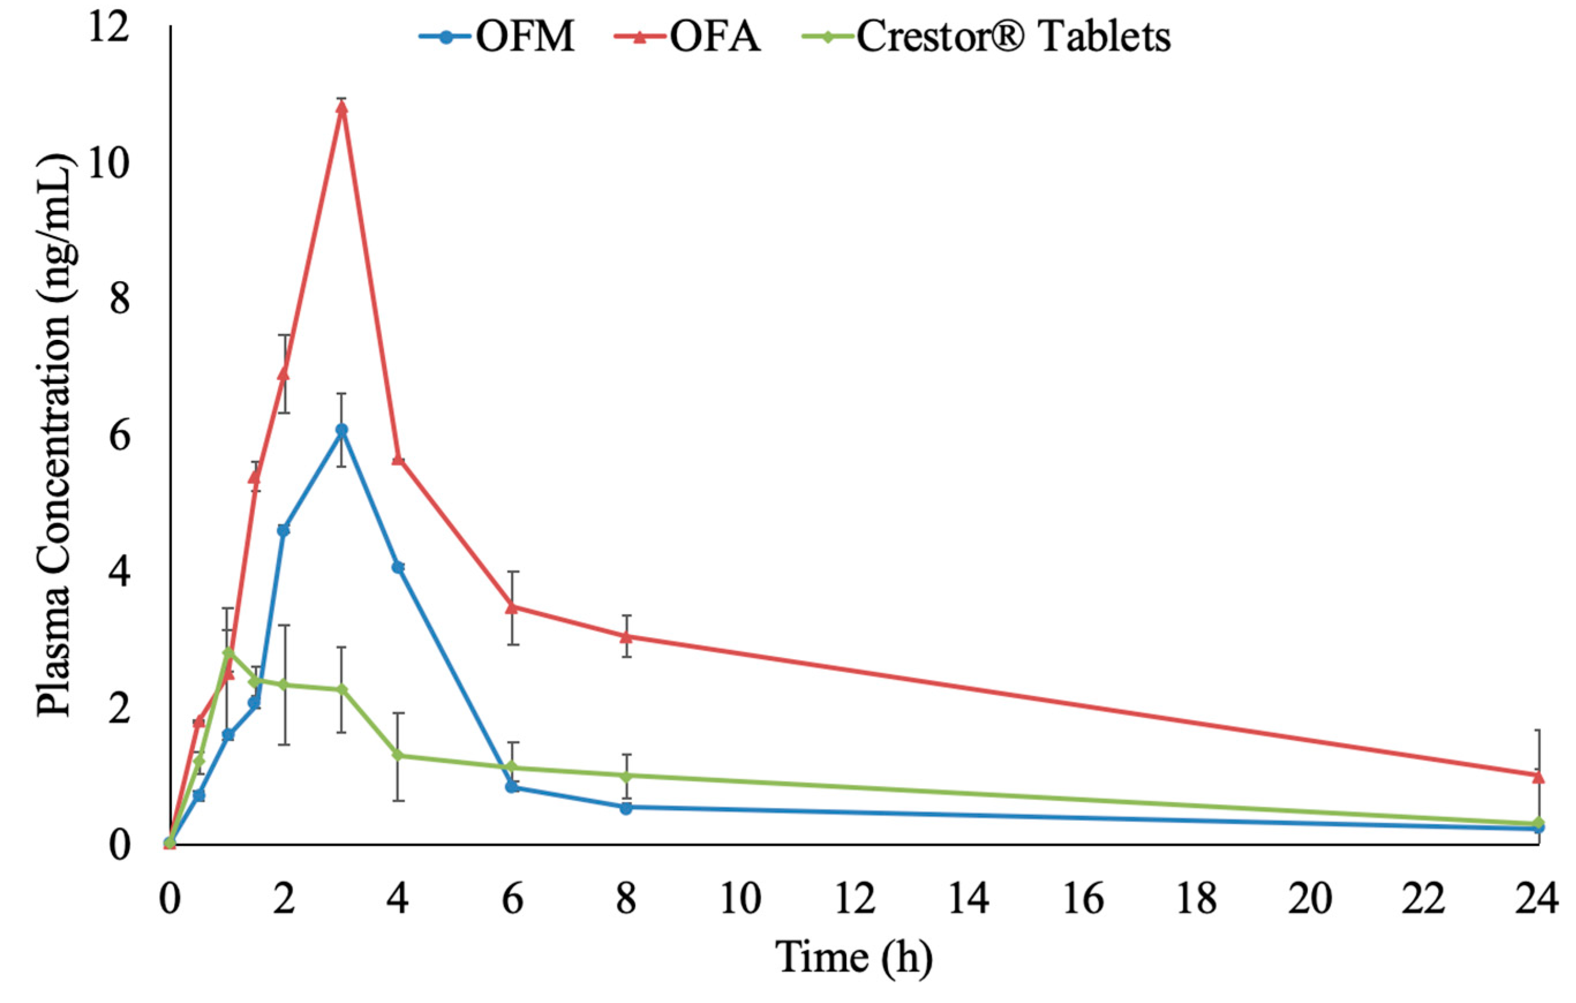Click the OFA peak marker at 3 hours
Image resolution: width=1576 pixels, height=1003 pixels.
point(341,107)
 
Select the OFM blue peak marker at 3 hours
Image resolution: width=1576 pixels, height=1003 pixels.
point(341,430)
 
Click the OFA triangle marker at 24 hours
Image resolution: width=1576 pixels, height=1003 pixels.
point(1538,777)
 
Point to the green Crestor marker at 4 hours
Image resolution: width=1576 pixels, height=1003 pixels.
point(398,755)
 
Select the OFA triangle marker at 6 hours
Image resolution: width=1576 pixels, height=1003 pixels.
point(512,607)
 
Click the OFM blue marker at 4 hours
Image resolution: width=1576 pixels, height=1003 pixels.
point(398,567)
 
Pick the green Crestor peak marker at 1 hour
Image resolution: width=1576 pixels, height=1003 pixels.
point(228,652)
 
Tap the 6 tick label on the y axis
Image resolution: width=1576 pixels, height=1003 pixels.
point(118,438)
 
